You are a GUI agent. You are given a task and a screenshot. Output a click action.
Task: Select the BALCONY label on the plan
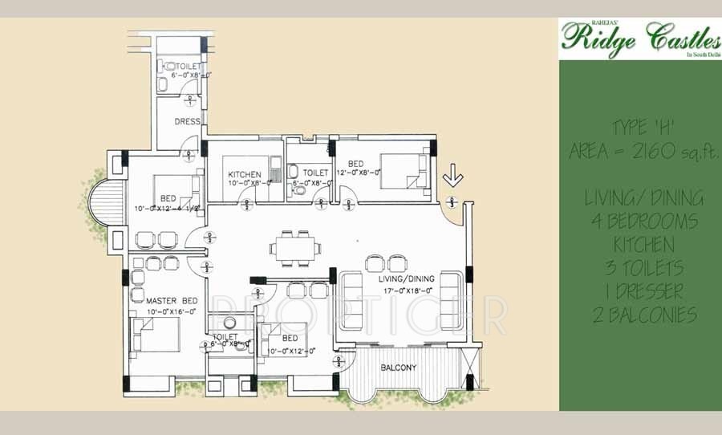pos(398,368)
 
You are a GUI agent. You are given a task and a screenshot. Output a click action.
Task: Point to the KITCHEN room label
pos(244,173)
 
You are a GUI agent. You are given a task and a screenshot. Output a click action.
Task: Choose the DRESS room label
pos(187,122)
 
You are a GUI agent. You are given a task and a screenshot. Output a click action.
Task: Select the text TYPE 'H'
pos(639,129)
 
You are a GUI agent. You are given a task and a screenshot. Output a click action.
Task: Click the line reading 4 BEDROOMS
pos(639,221)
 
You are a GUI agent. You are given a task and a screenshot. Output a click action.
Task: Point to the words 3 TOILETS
pos(639,267)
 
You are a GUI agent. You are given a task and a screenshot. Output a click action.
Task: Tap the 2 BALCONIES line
pos(639,315)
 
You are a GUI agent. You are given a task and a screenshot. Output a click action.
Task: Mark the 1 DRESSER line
pos(639,291)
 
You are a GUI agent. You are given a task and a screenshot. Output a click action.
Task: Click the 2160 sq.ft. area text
pos(639,152)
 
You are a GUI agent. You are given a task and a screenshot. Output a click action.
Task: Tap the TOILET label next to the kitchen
pos(316,173)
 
